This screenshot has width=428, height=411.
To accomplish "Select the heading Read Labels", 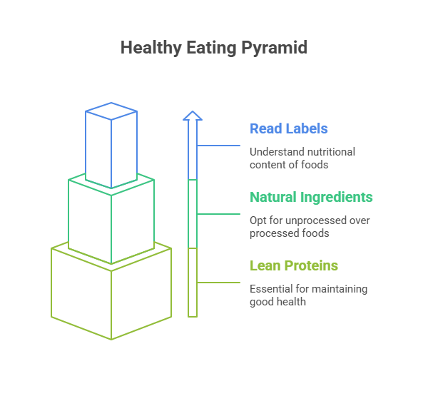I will click(x=288, y=129).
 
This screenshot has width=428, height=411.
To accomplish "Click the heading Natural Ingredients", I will click(x=311, y=197).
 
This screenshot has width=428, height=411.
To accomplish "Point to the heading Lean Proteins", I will click(x=293, y=266).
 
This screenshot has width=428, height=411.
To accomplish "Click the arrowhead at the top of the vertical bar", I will click(x=192, y=114).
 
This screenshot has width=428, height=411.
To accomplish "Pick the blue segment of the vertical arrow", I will click(x=192, y=150).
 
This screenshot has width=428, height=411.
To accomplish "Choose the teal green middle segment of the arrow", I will click(x=192, y=214).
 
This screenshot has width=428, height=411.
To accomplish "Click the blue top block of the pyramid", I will click(x=111, y=146).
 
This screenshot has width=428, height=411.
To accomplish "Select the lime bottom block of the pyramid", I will click(x=111, y=293).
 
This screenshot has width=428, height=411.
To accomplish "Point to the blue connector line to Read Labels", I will click(x=218, y=146).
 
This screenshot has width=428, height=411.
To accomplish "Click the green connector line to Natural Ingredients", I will click(x=218, y=214).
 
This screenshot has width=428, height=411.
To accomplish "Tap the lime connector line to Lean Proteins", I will click(x=218, y=283).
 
